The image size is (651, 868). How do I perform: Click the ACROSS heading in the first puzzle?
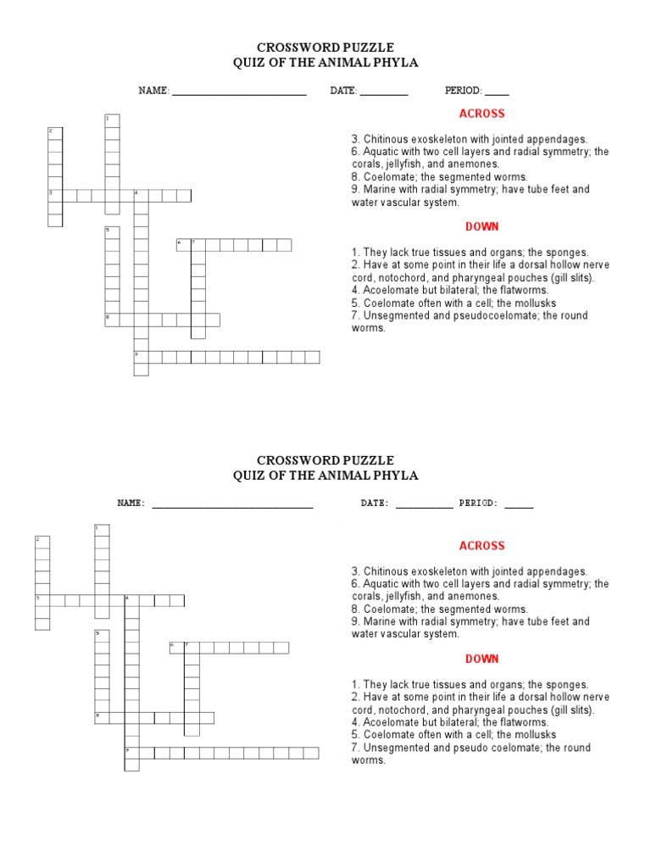click(481, 114)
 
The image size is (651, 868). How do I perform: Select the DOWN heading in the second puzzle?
click(481, 659)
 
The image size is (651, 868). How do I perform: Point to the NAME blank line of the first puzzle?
click(238, 92)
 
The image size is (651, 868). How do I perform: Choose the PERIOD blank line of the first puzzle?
click(497, 92)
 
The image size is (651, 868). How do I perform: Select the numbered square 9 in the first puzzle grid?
click(141, 356)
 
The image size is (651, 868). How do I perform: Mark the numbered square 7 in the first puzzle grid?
click(198, 245)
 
